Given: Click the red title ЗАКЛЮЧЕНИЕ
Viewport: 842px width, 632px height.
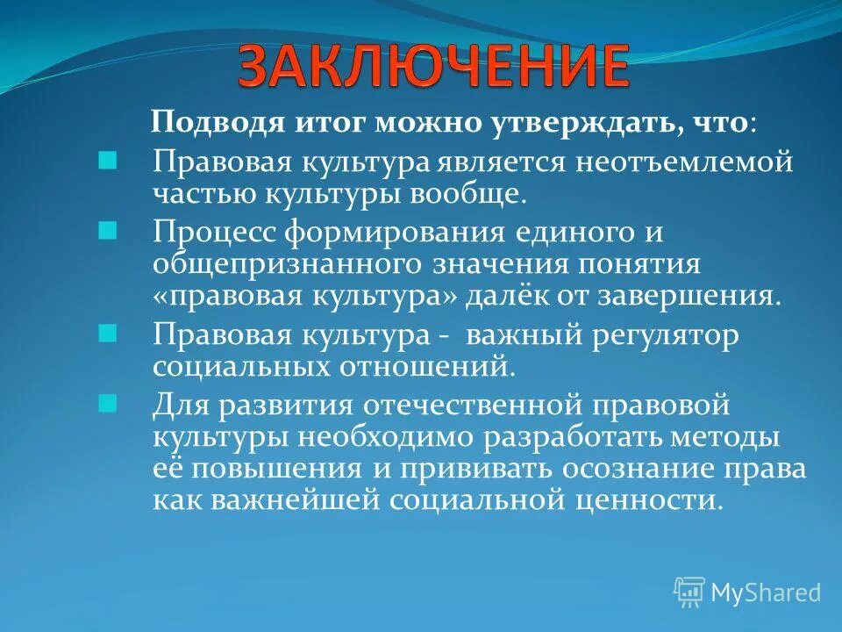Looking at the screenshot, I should pos(433,66).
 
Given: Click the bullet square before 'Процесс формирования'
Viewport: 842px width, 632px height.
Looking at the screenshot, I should pos(107,232).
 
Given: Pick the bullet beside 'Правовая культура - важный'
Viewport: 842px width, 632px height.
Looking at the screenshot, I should pos(107,334).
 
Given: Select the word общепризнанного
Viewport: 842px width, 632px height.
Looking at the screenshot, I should pos(293,265).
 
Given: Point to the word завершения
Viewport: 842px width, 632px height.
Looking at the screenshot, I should pos(694,295).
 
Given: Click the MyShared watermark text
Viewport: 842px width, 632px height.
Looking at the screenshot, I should pos(766,592).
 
